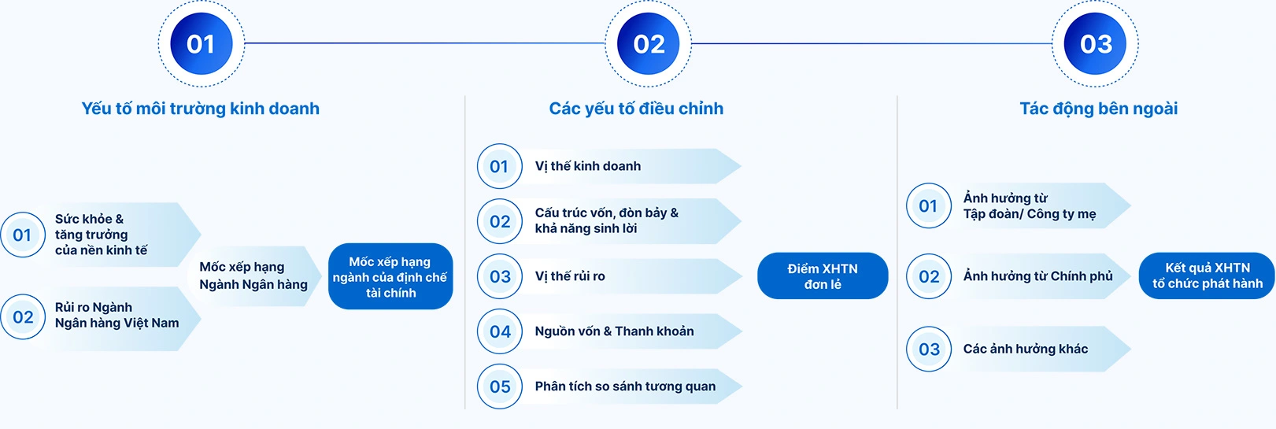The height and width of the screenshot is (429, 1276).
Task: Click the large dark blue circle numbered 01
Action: click(x=201, y=44)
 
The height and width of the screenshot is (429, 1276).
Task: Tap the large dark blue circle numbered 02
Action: click(x=649, y=44)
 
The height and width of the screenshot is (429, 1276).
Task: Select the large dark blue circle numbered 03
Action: click(x=1095, y=44)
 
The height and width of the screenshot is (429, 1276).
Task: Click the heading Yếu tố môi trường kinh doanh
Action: click(x=201, y=109)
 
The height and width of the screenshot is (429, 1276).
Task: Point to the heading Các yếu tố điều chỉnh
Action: click(x=636, y=109)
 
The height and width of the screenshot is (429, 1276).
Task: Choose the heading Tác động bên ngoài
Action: click(x=1099, y=109)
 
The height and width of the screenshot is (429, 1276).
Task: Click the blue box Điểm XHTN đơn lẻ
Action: click(x=823, y=276)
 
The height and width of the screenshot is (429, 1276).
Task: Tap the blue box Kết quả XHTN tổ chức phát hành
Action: click(x=1207, y=276)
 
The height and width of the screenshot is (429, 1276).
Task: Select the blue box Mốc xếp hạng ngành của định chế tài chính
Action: click(x=390, y=277)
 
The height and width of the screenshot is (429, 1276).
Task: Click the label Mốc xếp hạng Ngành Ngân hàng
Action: click(x=253, y=276)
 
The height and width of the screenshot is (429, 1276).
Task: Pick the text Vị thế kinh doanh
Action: click(x=588, y=166)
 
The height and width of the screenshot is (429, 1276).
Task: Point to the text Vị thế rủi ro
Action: click(x=570, y=276)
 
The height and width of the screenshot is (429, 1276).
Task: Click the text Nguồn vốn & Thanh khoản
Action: click(x=614, y=331)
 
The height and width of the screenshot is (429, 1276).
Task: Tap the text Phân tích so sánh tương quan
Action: click(x=625, y=386)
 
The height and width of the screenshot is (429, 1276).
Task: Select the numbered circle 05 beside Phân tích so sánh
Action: click(x=500, y=386)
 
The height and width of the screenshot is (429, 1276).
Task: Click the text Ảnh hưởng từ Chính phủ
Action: click(x=1038, y=276)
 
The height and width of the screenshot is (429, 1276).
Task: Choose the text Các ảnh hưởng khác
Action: click(x=1026, y=349)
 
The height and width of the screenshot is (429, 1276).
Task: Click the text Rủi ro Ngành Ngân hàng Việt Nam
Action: click(x=117, y=315)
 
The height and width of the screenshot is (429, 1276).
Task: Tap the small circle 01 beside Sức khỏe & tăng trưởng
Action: click(x=23, y=235)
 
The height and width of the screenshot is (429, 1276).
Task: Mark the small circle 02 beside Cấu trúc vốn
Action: click(x=500, y=222)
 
